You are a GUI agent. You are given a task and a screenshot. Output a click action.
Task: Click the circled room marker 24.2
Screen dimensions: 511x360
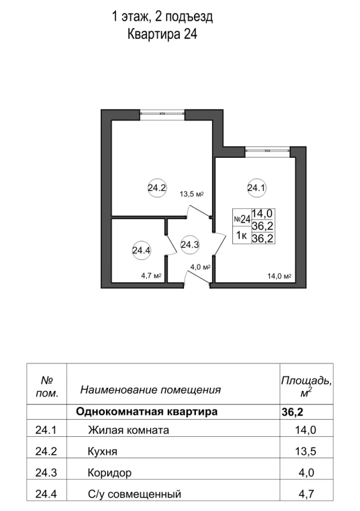pos(157,188)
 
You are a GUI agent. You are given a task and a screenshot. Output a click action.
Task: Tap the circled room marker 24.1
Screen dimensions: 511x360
pos(256,188)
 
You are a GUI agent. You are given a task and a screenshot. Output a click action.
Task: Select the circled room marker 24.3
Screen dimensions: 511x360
pos(190,243)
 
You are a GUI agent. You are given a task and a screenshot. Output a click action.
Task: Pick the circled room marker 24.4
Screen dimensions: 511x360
pos(141,251)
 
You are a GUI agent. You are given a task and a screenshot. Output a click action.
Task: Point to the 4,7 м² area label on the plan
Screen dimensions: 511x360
pos(151,276)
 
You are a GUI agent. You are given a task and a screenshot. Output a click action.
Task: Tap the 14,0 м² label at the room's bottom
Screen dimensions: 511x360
pos(279,277)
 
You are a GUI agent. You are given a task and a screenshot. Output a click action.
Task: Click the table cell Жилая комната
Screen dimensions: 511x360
pos(128,431)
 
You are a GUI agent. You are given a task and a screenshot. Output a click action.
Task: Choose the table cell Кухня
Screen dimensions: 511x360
pos(103,452)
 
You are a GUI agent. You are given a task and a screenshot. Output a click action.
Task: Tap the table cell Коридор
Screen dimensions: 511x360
pos(110,473)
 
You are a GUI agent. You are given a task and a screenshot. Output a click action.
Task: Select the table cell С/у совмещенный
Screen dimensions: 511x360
pos(135,494)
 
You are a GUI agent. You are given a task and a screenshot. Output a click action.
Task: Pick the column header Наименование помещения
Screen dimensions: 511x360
pos(150,389)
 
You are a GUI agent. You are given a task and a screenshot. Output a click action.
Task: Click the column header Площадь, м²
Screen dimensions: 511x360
pos(306,385)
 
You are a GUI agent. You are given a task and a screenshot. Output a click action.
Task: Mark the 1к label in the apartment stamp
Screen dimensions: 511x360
pos(242,236)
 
